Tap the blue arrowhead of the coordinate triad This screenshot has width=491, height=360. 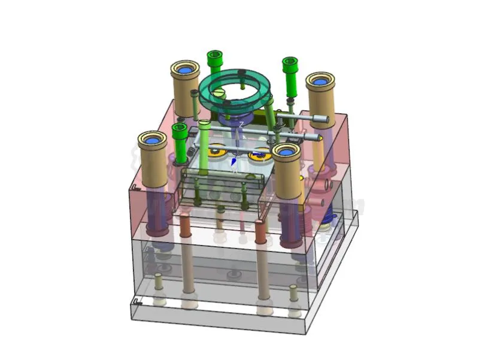pyautogui.click(x=234, y=162)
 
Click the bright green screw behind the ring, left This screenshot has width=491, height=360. pyautogui.click(x=215, y=60)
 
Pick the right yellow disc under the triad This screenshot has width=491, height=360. pyautogui.click(x=260, y=156)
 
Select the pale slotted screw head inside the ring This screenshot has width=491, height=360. pyautogui.click(x=219, y=93)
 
